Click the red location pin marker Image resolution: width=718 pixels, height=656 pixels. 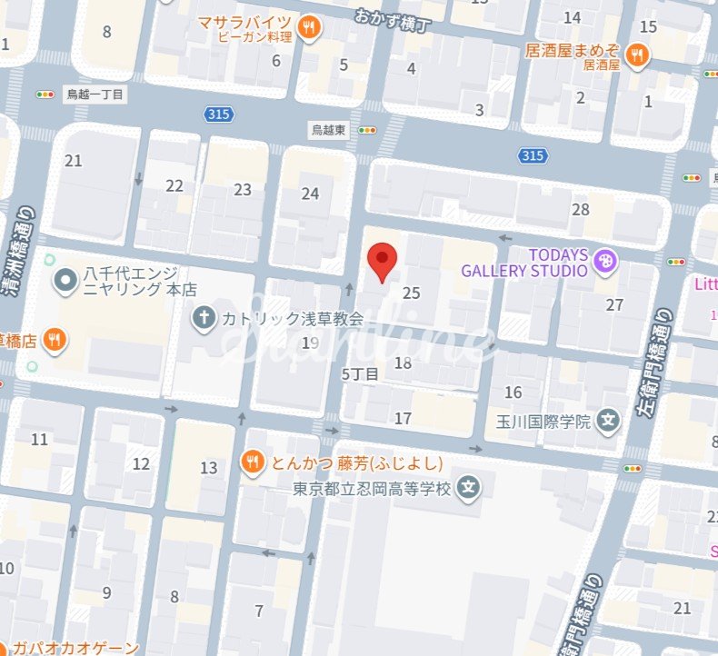[x=383, y=262]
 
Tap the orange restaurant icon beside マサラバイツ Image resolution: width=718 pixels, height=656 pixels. [x=310, y=28]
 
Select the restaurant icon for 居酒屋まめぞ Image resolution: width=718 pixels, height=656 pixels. [x=638, y=54]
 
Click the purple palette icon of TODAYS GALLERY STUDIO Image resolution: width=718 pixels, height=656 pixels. [x=604, y=263]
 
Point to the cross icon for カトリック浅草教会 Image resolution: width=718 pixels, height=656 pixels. [x=205, y=318]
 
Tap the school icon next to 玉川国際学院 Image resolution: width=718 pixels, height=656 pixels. [x=609, y=422]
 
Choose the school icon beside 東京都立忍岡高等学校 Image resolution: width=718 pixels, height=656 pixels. [x=469, y=488]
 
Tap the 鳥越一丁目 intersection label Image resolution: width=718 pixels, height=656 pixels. [x=94, y=94]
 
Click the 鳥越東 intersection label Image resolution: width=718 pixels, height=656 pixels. [x=328, y=130]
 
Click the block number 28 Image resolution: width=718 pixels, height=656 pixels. [x=581, y=210]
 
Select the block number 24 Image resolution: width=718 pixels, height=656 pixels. [x=311, y=194]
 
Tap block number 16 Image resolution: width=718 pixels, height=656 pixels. [x=514, y=392]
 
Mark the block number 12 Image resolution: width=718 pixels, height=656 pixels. [x=141, y=463]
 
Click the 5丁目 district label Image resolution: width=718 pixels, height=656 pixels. [x=359, y=373]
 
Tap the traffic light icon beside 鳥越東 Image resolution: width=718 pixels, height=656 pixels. [x=367, y=131]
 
